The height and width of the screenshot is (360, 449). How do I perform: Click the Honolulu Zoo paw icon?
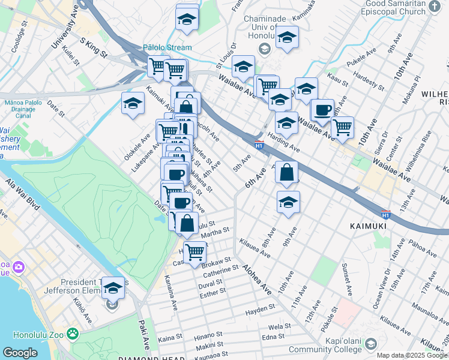[x=73, y=332]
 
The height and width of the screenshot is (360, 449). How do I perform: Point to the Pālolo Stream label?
[x=167, y=47]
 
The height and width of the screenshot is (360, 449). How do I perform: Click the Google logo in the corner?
[x=20, y=353]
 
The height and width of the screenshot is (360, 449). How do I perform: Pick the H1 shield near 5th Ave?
[x=259, y=145]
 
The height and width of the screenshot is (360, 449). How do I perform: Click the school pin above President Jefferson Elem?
[x=112, y=289]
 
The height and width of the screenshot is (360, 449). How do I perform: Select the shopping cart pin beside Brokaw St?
[x=195, y=254]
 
